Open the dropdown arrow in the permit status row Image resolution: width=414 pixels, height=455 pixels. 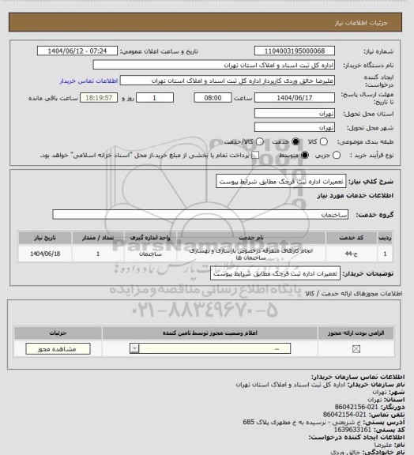pos(135,348)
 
